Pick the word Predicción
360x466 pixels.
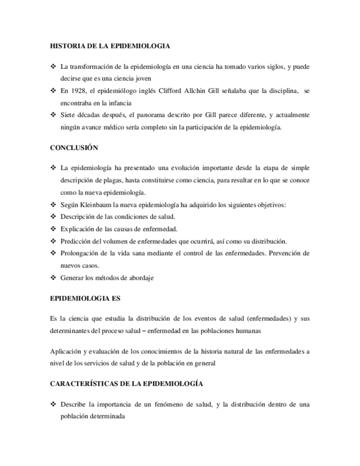(76, 241)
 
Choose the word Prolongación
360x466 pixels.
(80, 253)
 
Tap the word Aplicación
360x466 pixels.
(65, 351)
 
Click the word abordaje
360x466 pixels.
(140, 278)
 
